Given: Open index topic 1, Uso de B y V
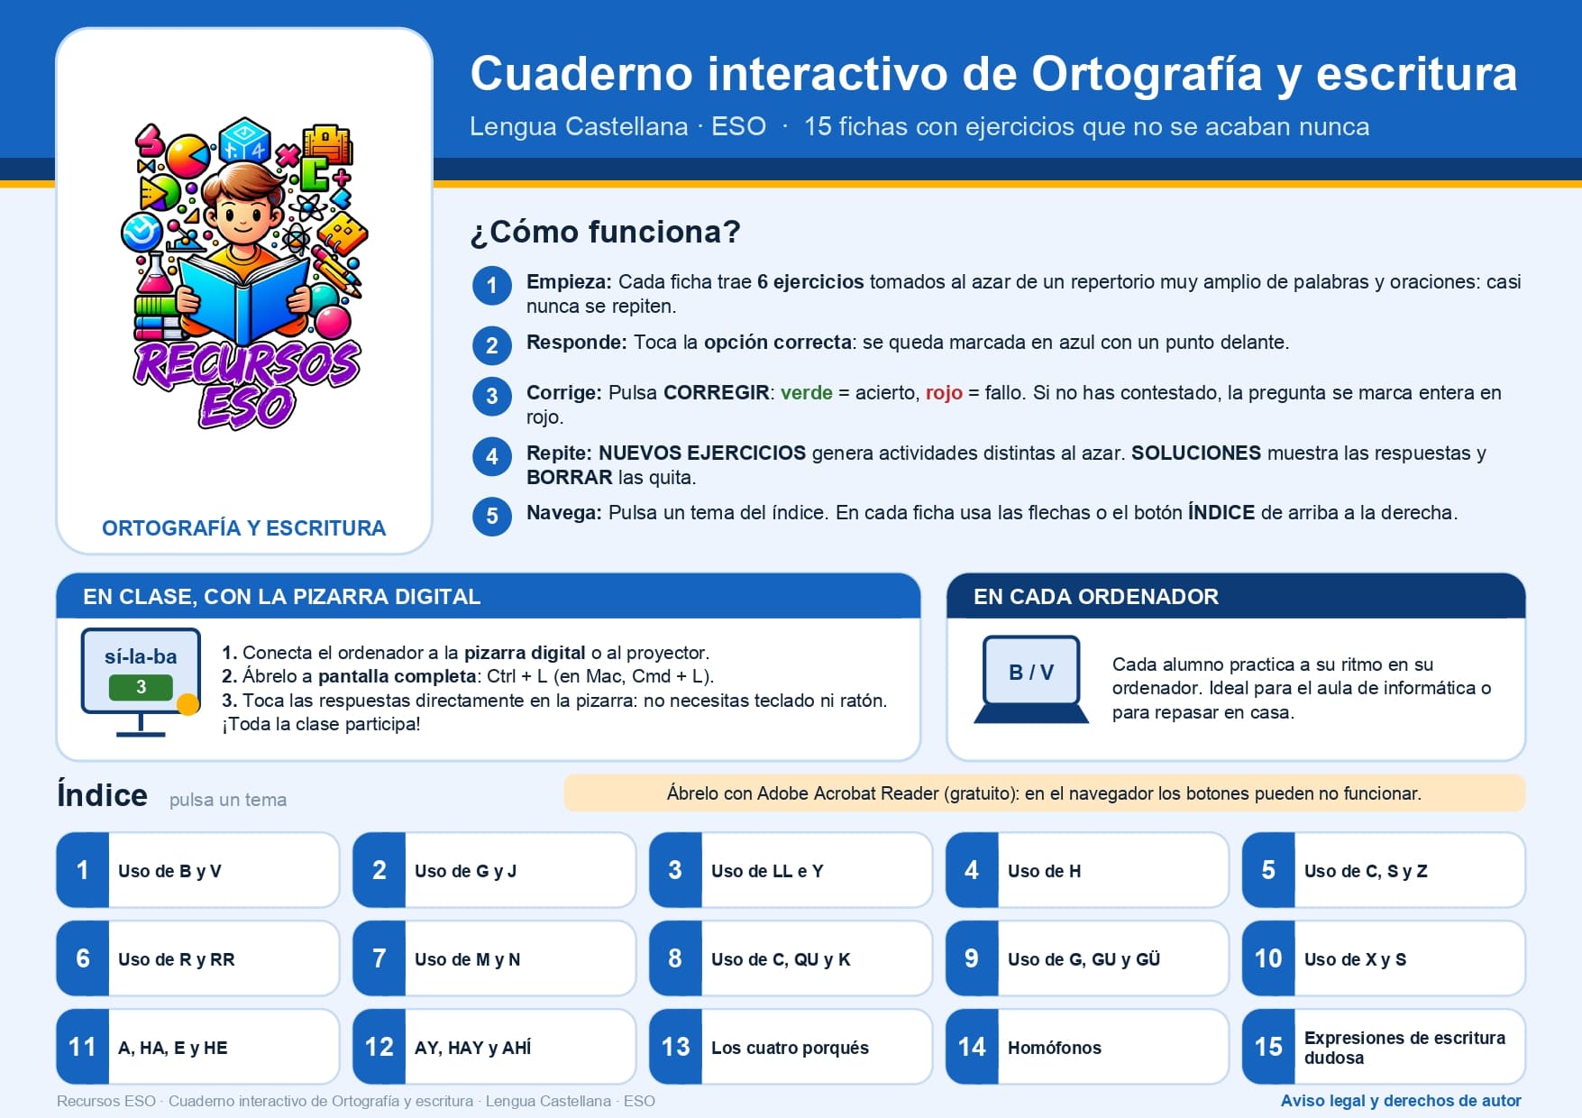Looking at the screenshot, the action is [197, 870].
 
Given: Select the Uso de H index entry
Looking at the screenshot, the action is [1087, 870].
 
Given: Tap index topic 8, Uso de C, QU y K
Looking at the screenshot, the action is [791, 958].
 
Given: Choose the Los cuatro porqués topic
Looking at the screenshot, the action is [791, 1047].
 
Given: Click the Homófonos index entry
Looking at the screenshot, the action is [1087, 1047].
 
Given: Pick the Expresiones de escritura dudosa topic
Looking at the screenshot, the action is [1384, 1047].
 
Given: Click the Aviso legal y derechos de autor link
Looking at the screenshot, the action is [1401, 1101].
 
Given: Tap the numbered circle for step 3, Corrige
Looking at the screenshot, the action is [492, 396].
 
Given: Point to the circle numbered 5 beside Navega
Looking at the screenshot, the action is [492, 516].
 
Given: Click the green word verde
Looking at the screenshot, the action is [807, 393].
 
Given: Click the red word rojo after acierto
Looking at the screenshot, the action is [944, 393].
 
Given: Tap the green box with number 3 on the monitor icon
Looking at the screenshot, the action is [141, 687].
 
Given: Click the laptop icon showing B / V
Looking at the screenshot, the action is [1031, 679].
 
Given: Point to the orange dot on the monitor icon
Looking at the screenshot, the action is [188, 704].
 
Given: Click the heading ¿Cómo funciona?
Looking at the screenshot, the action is [605, 232].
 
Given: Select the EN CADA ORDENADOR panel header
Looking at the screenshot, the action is [1236, 596].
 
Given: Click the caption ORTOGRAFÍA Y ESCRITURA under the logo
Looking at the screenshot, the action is [243, 528].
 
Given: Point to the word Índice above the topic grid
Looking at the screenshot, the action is [102, 794].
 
